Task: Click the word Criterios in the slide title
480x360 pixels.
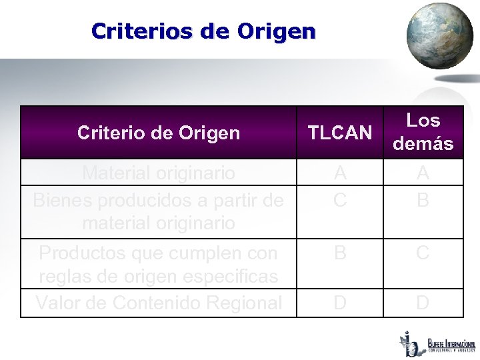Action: [x=137, y=31]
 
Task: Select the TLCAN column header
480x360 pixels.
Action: [x=340, y=133]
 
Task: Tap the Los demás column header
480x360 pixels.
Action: [x=423, y=132]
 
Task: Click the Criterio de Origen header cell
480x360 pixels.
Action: [x=158, y=133]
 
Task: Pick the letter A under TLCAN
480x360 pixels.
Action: [x=340, y=173]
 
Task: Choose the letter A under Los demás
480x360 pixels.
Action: [x=423, y=173]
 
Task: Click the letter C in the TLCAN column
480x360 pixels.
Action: [x=340, y=199]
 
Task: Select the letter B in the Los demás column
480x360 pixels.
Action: [x=423, y=199]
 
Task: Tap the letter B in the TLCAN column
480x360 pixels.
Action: [x=340, y=253]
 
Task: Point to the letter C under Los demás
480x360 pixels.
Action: [x=423, y=253]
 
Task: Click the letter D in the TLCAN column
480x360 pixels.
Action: [x=340, y=303]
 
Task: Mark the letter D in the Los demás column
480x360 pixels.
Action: [x=423, y=303]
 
